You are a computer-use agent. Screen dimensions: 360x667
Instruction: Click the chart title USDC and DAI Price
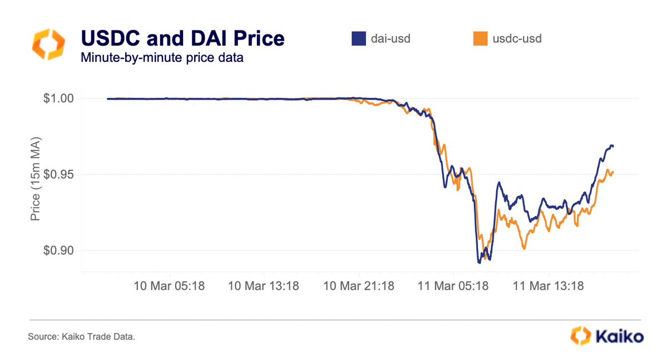(x=182, y=38)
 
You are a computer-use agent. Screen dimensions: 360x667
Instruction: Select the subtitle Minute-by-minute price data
(x=162, y=57)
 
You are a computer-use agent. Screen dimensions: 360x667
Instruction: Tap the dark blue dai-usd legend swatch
(x=358, y=38)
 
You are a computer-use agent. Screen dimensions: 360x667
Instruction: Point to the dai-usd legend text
(x=391, y=39)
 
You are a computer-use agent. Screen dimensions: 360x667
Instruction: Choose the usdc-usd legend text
(x=517, y=39)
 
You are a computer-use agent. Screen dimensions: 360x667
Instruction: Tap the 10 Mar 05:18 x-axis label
(x=169, y=287)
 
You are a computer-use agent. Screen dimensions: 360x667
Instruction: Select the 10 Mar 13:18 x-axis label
(x=264, y=287)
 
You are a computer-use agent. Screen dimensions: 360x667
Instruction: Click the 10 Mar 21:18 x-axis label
(x=359, y=287)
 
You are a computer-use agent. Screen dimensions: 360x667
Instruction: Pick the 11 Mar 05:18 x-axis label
(x=453, y=287)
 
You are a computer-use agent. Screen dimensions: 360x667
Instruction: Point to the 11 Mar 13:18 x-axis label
(x=548, y=287)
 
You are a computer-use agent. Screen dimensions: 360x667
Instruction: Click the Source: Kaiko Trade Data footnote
(x=81, y=337)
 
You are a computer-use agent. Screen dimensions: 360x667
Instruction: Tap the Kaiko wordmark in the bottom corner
(x=619, y=336)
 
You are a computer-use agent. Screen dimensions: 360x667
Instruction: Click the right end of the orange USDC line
(x=612, y=172)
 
